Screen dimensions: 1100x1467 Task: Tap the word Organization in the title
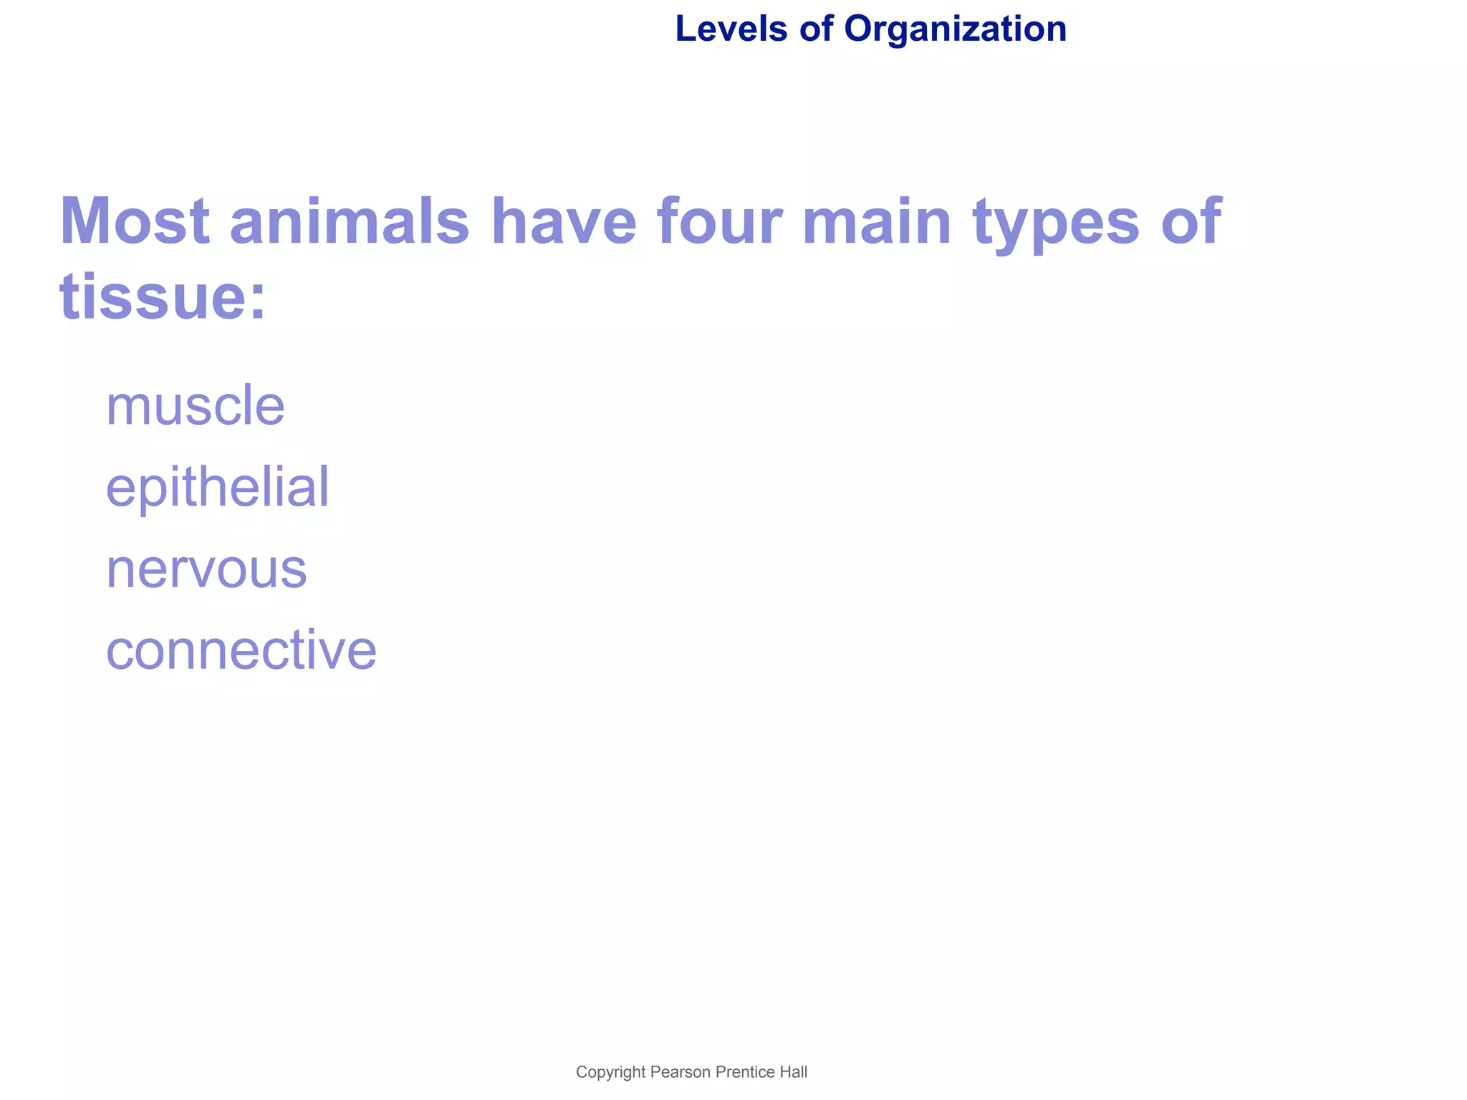coord(955,29)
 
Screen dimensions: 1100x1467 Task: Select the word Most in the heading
coord(135,222)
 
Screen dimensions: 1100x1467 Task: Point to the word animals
coord(350,222)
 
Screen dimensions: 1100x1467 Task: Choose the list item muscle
coord(195,405)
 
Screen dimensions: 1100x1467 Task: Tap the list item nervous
coord(206,570)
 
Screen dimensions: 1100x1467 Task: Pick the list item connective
coord(241,650)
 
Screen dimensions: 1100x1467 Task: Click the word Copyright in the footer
coord(611,1072)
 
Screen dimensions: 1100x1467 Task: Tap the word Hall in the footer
coord(792,1072)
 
